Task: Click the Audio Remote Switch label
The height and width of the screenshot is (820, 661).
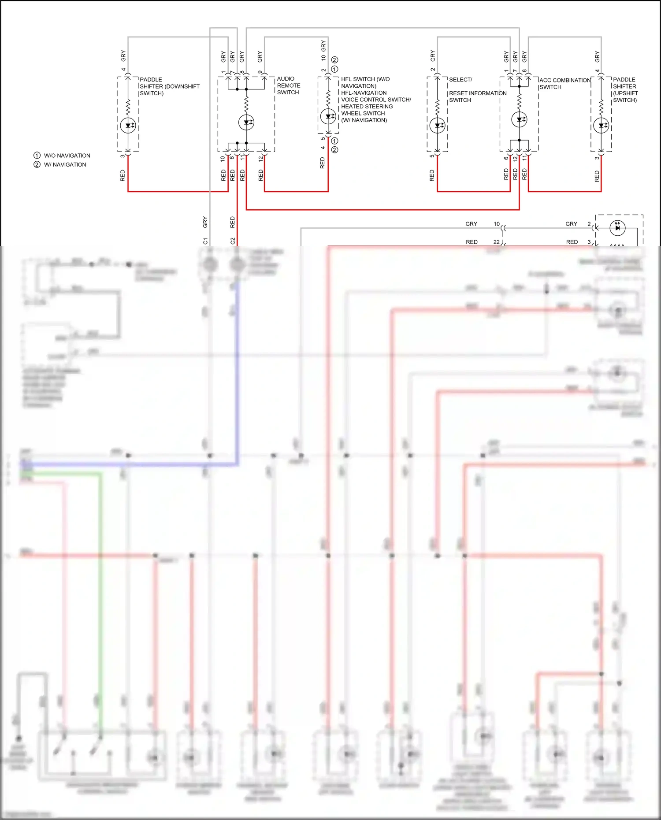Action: point(288,85)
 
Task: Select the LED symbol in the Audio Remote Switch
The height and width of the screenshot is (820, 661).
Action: point(246,122)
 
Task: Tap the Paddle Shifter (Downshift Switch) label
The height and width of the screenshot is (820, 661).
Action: point(169,86)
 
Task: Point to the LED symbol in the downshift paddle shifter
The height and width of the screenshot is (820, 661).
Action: point(128,125)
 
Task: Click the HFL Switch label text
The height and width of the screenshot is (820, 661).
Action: point(375,100)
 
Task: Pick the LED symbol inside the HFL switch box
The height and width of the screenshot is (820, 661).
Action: point(328,117)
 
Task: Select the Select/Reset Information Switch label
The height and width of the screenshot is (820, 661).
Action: point(477,90)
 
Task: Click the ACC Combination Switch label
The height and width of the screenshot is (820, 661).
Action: point(564,83)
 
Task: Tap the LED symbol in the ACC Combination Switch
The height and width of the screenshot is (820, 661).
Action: point(520,119)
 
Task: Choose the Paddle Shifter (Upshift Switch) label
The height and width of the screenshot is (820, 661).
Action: point(625,90)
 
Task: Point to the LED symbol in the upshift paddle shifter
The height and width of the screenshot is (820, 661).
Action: point(602,126)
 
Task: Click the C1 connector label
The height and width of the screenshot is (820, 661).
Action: point(205,241)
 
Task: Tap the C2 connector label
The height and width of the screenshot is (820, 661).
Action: point(233,241)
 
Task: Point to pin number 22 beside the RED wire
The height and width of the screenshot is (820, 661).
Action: point(497,242)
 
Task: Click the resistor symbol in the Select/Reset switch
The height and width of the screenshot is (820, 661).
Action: point(438,107)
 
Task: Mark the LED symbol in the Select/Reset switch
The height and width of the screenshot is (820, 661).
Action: point(438,126)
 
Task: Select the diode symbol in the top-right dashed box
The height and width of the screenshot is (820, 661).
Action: point(617,227)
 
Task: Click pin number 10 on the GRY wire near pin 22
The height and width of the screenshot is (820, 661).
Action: point(497,224)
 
